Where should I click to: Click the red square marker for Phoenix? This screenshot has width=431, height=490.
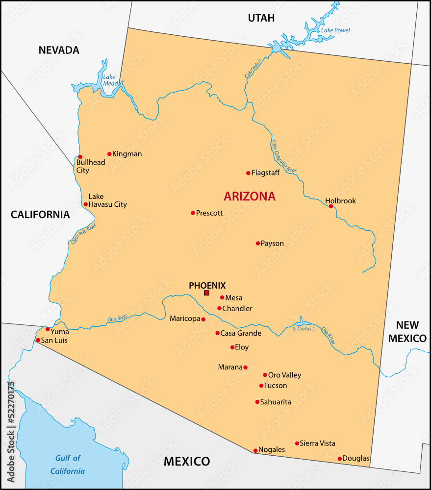click(x=206, y=293)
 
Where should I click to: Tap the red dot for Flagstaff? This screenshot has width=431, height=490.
click(x=248, y=173)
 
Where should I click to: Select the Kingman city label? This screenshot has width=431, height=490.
click(x=127, y=154)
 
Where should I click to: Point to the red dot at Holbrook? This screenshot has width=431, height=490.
click(x=331, y=206)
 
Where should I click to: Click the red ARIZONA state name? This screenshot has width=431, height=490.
click(x=250, y=196)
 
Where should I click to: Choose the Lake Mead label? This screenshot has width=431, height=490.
click(x=109, y=80)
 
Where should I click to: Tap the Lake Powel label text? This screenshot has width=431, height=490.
click(x=335, y=30)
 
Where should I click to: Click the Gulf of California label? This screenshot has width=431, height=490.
click(x=68, y=465)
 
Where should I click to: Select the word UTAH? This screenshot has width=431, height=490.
click(x=261, y=18)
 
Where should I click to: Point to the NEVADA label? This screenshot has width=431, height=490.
click(x=59, y=50)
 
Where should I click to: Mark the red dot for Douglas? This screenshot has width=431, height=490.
click(x=339, y=459)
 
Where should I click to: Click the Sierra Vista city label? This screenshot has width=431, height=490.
click(x=317, y=443)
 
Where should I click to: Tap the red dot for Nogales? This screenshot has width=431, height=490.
click(x=255, y=450)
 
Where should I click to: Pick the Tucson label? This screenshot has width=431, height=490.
click(x=276, y=386)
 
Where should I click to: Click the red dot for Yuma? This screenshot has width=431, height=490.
click(x=48, y=329)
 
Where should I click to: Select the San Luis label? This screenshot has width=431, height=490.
click(x=54, y=341)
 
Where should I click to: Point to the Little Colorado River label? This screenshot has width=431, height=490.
click(x=284, y=156)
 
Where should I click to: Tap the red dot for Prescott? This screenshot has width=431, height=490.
click(x=193, y=213)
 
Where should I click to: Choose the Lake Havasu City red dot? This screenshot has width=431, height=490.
click(x=85, y=204)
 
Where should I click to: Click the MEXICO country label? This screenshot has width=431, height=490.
click(x=186, y=461)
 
